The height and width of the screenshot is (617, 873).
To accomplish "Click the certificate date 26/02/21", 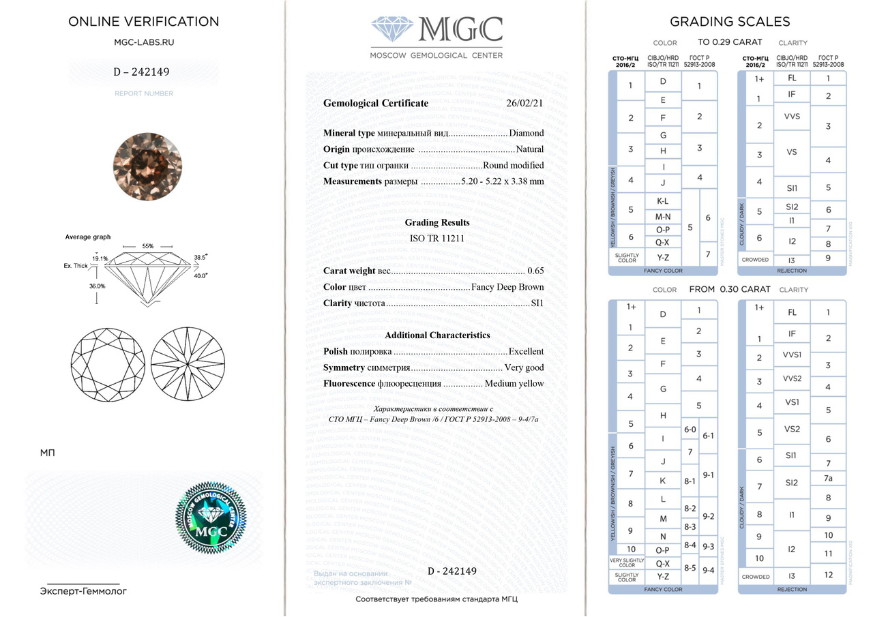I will [x=525, y=104].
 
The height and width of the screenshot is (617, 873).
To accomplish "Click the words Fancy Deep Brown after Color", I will [x=507, y=287].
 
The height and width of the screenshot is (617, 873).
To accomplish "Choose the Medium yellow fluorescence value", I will [x=514, y=383].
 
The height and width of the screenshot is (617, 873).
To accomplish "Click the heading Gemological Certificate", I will [x=376, y=104].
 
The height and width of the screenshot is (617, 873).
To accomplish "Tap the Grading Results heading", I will [x=437, y=223].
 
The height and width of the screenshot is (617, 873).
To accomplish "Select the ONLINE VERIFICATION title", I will [x=143, y=21].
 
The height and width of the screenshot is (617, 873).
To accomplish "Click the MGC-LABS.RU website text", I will [x=143, y=42].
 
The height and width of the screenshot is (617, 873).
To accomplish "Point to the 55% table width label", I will [x=148, y=245].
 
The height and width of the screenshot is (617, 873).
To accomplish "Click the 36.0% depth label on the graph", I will [x=97, y=286].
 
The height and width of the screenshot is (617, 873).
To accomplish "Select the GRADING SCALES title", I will [x=730, y=22].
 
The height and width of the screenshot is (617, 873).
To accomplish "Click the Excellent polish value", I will [x=527, y=352].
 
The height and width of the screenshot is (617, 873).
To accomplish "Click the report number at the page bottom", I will [x=452, y=571].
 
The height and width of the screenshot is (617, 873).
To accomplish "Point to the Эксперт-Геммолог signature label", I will [x=83, y=591].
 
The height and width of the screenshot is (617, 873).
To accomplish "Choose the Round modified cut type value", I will [x=514, y=166].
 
